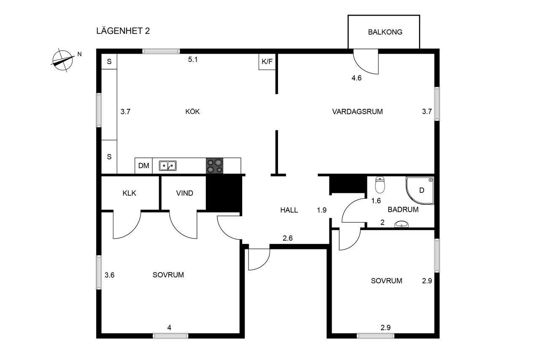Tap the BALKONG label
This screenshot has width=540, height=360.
pyautogui.click(x=385, y=32)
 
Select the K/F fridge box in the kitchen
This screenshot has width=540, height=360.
pyautogui.click(x=267, y=62)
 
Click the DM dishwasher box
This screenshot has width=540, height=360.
pyautogui.click(x=143, y=166)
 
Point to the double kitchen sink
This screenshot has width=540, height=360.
pyautogui.click(x=167, y=166)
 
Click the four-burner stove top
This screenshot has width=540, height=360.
pyautogui.click(x=215, y=166)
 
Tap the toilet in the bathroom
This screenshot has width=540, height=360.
pyautogui.click(x=380, y=185)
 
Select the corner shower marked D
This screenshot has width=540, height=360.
pyautogui.click(x=420, y=190)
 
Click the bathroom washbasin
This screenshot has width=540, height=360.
pyautogui.click(x=402, y=224)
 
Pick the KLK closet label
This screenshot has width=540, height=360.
pyautogui.click(x=129, y=193)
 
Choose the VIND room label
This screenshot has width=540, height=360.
pyautogui.click(x=184, y=193)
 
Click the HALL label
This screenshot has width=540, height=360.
pyautogui.click(x=289, y=210)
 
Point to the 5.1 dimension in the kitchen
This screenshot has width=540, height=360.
pyautogui.click(x=193, y=60)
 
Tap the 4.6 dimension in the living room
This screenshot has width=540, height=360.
pyautogui.click(x=356, y=78)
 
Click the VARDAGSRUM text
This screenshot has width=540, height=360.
pyautogui.click(x=357, y=112)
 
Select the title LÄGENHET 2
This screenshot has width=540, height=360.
pyautogui.click(x=123, y=31)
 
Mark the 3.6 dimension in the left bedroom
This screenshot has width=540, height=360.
pyautogui.click(x=109, y=275)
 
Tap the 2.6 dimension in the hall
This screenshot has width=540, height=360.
pyautogui.click(x=288, y=238)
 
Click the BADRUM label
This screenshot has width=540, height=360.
pyautogui.click(x=403, y=209)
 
